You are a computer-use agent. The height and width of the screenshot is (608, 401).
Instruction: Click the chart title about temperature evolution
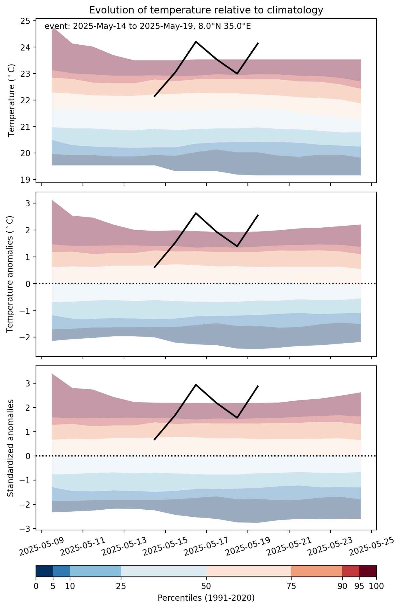click(206, 10)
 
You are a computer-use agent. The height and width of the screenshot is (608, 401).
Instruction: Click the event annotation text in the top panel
click(148, 27)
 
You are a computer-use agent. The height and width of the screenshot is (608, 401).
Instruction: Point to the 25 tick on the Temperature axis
click(25, 21)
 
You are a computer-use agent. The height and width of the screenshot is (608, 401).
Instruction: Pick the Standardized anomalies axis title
click(10, 448)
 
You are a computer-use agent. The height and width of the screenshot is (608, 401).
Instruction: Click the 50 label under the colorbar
click(206, 586)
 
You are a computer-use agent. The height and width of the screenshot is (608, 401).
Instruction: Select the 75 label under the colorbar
click(291, 586)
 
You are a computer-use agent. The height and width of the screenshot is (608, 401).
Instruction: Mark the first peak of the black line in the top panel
click(196, 42)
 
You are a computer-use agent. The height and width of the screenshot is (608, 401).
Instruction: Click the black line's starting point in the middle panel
click(154, 267)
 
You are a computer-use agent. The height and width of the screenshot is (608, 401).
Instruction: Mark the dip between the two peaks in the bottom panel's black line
click(237, 418)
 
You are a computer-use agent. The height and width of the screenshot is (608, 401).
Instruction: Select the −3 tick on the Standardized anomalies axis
click(25, 529)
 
